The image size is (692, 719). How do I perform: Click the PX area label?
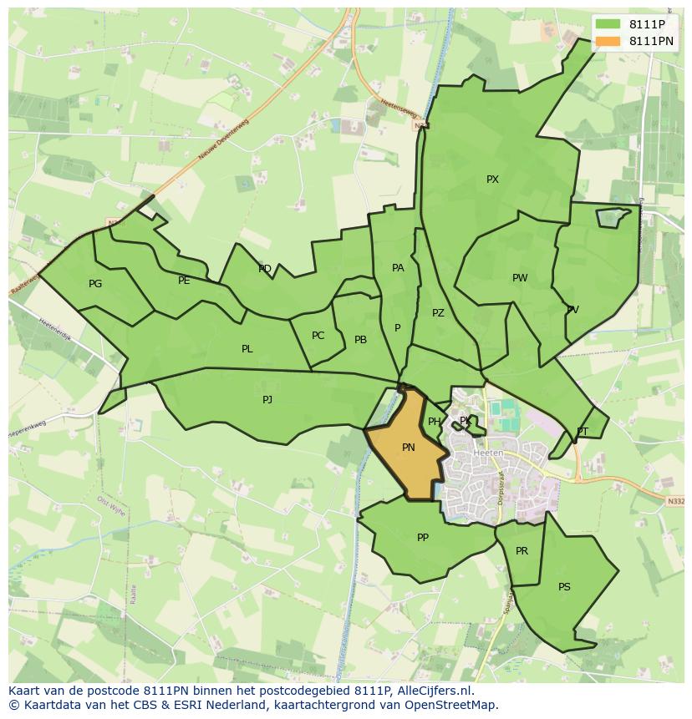(x=492, y=180)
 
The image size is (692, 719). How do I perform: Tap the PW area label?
(x=520, y=278)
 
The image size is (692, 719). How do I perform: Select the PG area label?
(x=95, y=284)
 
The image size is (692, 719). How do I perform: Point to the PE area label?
(x=184, y=281)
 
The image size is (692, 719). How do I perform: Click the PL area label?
(x=247, y=349)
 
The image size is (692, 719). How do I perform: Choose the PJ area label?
(x=267, y=400)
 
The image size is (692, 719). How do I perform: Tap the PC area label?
(x=318, y=336)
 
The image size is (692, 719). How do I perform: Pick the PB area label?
(x=360, y=340)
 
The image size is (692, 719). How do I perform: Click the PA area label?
(x=398, y=268)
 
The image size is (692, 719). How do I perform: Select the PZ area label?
(x=438, y=313)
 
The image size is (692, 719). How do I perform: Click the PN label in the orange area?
(x=409, y=448)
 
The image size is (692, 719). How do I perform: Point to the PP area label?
(x=423, y=538)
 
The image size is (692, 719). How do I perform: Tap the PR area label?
(x=522, y=551)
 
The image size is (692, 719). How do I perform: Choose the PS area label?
(x=564, y=587)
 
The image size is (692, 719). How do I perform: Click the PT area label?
(x=583, y=432)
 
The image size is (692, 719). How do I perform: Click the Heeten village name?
(x=488, y=453)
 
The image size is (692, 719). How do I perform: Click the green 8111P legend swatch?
(x=608, y=24)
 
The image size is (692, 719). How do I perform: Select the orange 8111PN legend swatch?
(x=608, y=41)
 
